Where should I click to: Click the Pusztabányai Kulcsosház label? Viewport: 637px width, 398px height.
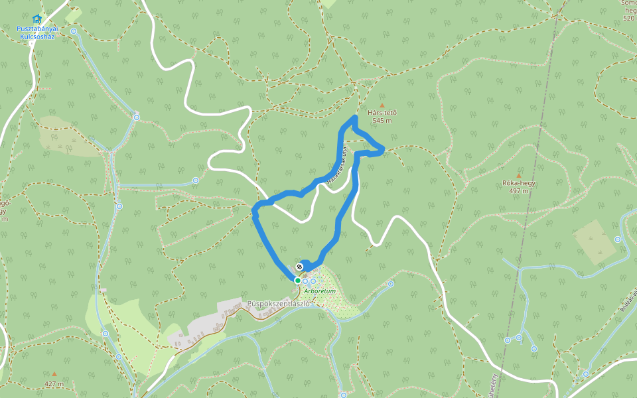point(38,33)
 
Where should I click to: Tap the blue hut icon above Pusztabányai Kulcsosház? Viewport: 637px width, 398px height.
point(36,19)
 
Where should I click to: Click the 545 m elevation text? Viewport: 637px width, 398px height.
point(382,121)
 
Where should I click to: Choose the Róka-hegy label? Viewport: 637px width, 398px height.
point(519,183)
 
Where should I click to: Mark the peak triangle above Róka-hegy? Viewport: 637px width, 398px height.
point(518,175)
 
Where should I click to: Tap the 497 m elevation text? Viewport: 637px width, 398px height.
point(519,191)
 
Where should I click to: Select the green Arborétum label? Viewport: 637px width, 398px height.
point(320,291)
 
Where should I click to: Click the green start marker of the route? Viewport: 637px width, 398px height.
point(297,281)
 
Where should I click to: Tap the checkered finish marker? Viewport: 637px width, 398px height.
point(299,267)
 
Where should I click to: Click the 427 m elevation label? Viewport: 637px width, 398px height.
point(54,383)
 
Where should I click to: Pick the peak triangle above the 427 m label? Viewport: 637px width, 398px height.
point(54,374)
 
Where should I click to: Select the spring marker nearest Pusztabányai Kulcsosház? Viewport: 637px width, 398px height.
point(74,31)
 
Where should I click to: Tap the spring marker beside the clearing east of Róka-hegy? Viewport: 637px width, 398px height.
point(618,239)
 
